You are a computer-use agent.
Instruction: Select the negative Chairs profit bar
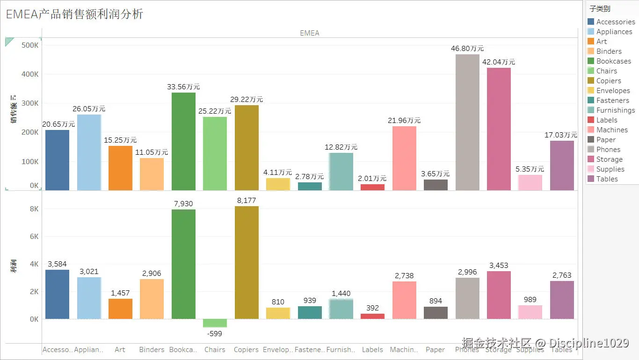(215, 323)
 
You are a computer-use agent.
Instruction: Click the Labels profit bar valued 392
(372, 317)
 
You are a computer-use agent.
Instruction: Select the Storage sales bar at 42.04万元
(499, 129)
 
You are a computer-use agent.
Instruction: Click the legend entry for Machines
(611, 130)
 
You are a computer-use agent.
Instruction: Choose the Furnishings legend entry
(615, 110)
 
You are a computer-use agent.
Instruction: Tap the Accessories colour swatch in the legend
(591, 22)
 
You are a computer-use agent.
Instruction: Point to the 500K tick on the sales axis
(30, 45)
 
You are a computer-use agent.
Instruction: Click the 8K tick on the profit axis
(34, 209)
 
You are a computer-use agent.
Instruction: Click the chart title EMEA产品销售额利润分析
(74, 14)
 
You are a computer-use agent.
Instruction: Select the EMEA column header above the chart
(309, 33)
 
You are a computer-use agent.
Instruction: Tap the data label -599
(215, 334)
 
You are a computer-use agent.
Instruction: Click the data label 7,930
(183, 204)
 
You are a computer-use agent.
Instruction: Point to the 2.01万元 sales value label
(372, 178)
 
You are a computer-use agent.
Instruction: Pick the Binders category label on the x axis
(152, 350)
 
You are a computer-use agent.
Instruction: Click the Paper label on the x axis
(435, 350)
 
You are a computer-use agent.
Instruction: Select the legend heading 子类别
(599, 8)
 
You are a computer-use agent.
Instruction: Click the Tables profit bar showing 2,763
(562, 300)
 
